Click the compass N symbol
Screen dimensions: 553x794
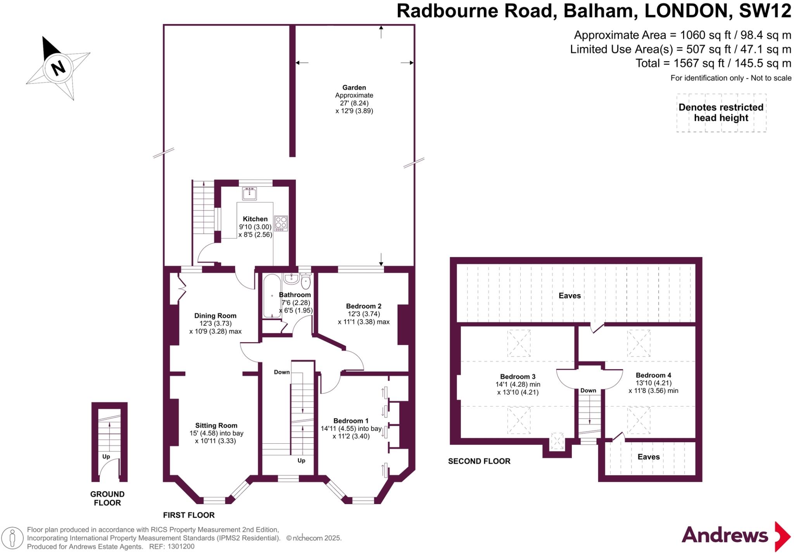58,68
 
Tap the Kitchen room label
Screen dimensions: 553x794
255,219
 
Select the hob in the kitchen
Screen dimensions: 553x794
281,223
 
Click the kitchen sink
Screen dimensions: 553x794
249,193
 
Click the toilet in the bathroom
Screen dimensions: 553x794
306,282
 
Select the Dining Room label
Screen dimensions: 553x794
215,316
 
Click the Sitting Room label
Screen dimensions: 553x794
216,426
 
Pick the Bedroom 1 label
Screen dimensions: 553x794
351,421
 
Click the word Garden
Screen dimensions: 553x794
354,88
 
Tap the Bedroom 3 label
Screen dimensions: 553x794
518,377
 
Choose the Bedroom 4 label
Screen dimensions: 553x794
653,375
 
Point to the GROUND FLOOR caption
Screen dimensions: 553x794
107,498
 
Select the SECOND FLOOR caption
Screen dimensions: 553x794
479,461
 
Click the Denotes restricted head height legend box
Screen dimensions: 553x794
721,113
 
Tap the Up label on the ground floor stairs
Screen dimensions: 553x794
106,457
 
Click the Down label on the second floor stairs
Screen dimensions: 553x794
588,391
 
